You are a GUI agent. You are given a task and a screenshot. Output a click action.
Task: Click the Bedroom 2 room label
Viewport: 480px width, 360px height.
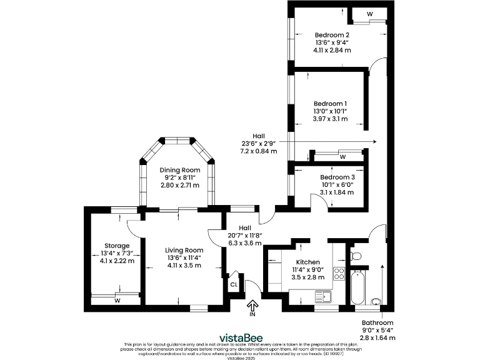point(332,35)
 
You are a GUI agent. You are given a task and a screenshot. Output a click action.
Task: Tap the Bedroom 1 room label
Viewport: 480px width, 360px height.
point(330,103)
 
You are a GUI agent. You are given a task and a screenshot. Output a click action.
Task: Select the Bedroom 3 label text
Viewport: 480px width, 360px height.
point(337,177)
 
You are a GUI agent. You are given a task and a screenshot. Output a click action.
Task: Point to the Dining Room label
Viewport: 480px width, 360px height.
point(179,170)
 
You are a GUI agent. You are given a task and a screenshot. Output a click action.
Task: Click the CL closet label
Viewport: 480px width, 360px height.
point(234,284)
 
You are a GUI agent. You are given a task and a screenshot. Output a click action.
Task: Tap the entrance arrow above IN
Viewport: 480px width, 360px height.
point(253,305)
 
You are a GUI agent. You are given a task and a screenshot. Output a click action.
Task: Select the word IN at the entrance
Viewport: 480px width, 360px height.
point(253,315)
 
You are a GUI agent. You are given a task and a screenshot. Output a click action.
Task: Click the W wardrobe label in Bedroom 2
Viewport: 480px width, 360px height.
point(370,13)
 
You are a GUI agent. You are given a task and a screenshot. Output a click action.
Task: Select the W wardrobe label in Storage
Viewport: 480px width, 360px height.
point(117,301)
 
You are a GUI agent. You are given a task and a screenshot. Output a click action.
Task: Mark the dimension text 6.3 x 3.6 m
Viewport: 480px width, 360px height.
point(244,243)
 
